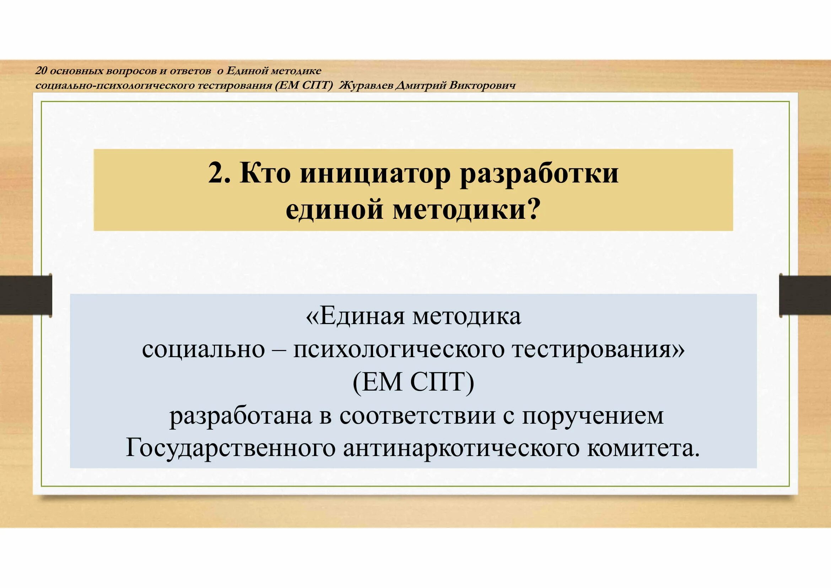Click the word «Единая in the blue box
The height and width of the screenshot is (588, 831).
pos(355,316)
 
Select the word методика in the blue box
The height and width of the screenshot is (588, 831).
pos(466,316)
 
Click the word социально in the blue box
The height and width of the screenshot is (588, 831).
pos(204,350)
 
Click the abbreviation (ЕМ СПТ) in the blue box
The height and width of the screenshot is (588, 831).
pos(413,382)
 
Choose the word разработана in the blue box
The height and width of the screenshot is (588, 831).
pos(241,416)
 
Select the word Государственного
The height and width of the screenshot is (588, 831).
pos(231,449)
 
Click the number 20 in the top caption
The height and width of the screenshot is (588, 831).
pos(41,71)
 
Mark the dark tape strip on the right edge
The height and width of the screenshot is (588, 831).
pos(806,295)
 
